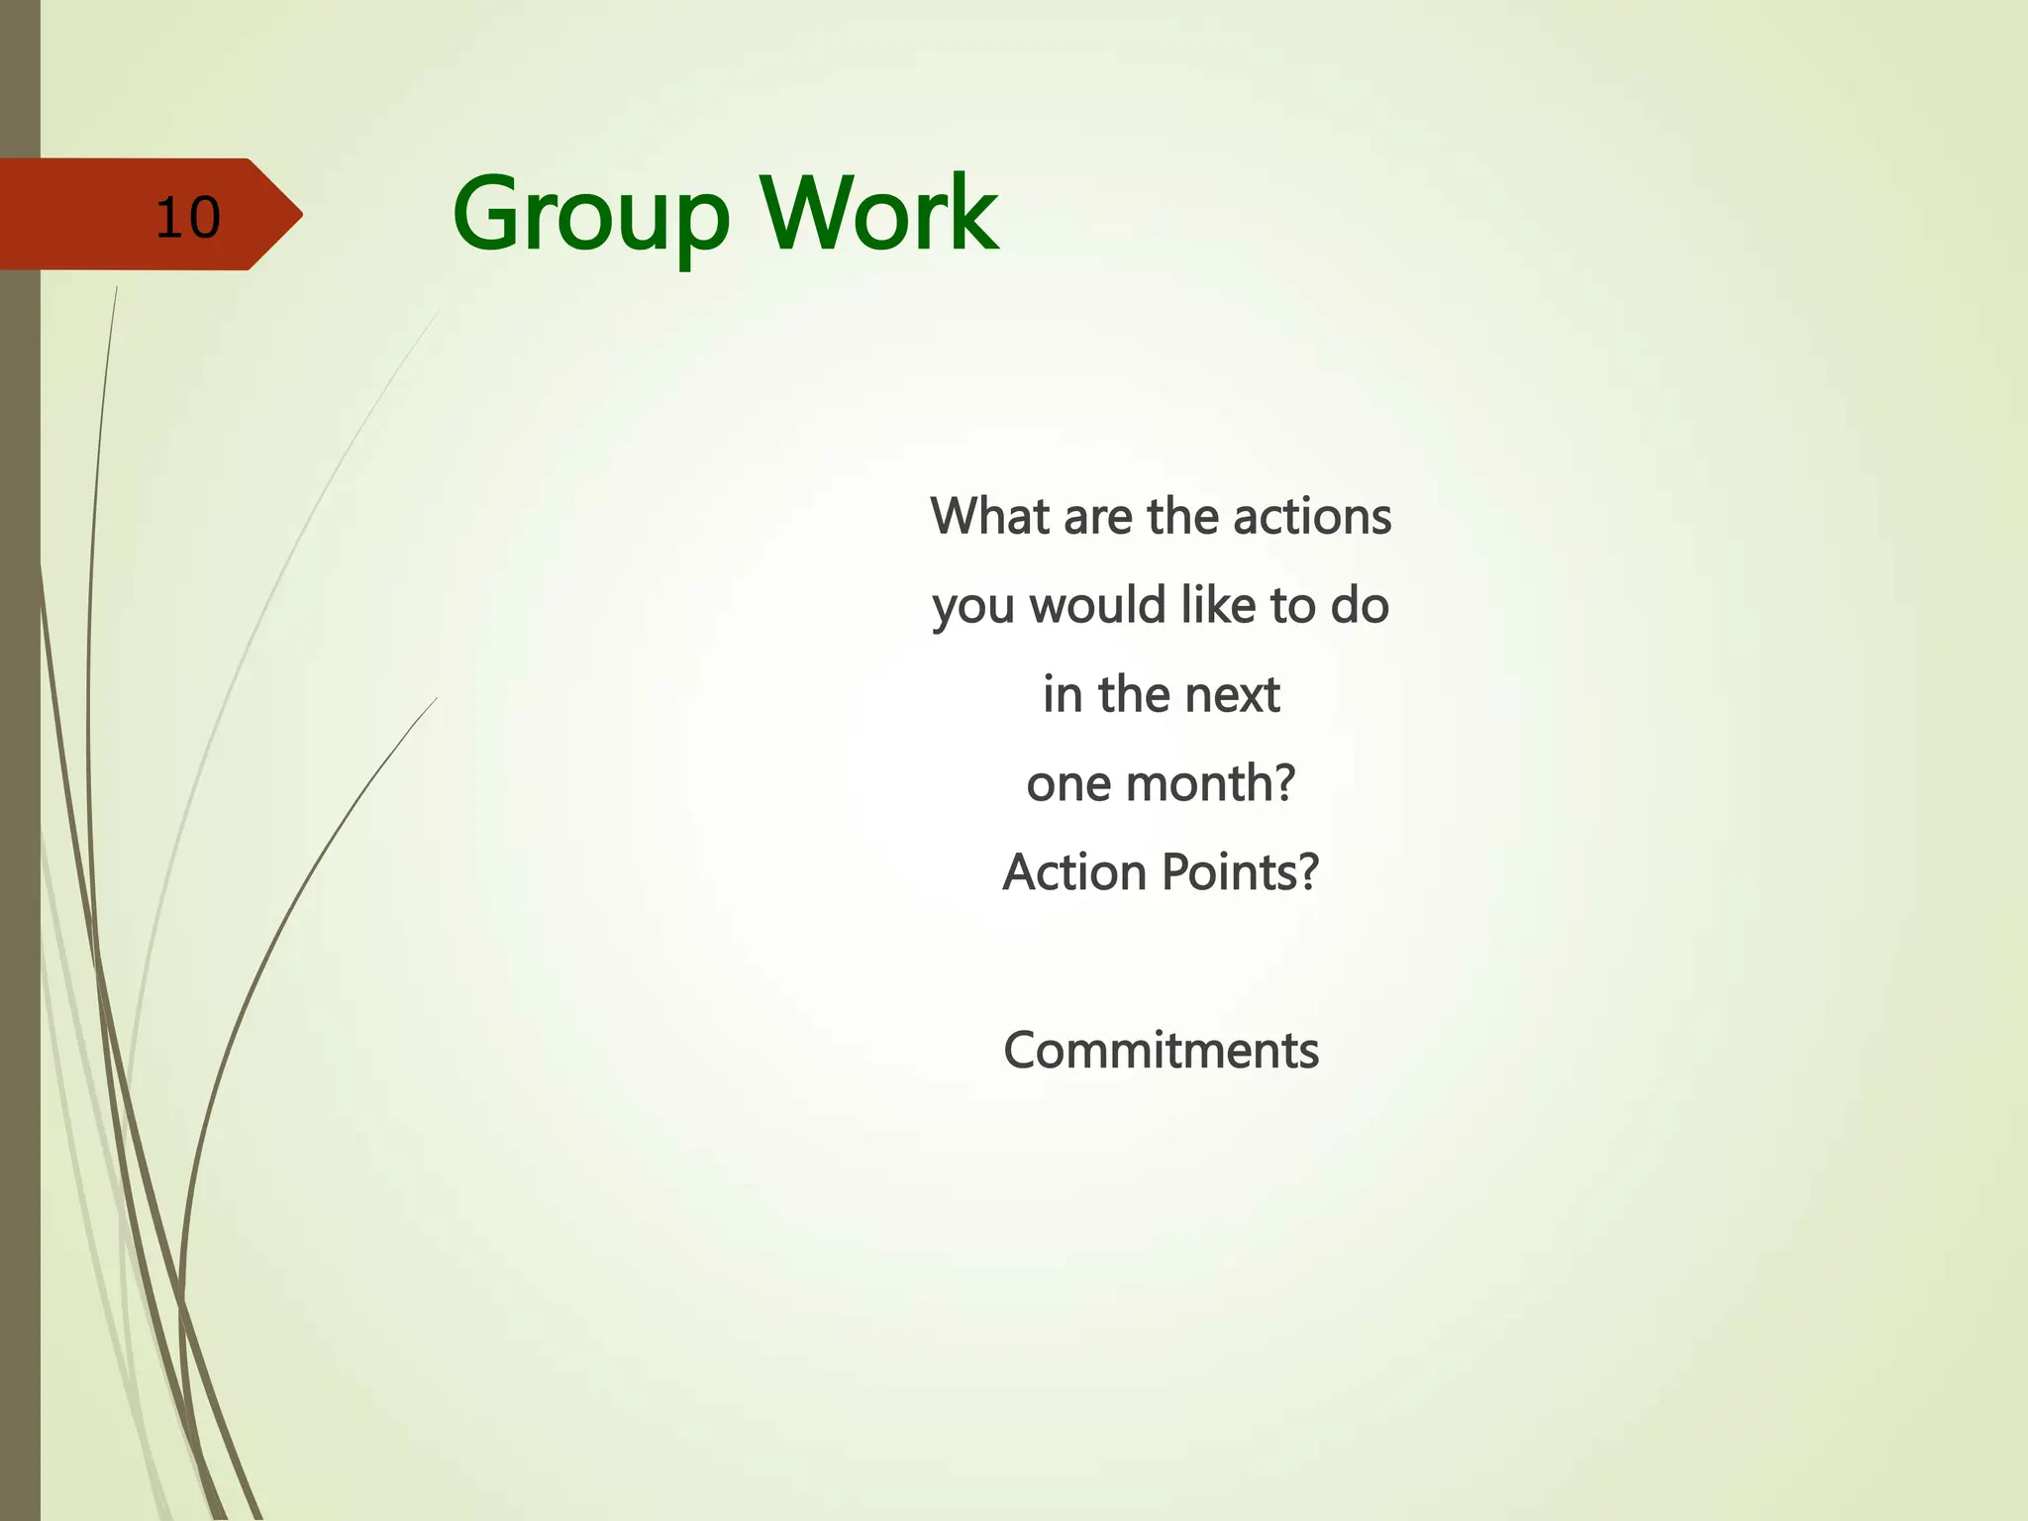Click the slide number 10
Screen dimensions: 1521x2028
click(x=187, y=217)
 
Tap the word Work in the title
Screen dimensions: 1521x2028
click(x=878, y=213)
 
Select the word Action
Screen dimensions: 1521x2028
click(x=1074, y=872)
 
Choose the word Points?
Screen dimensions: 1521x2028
click(x=1241, y=872)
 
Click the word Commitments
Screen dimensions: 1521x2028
click(x=1161, y=1051)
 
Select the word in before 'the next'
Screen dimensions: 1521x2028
click(x=1063, y=694)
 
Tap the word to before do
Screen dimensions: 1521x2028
click(x=1293, y=606)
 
